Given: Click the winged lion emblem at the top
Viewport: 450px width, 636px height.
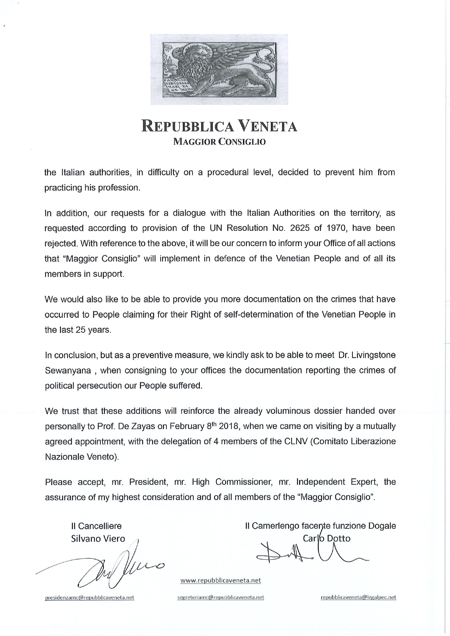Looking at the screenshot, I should click(219, 69).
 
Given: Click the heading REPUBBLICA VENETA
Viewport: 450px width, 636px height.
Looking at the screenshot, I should click(219, 126).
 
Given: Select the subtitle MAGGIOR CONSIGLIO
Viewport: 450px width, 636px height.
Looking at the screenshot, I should click(219, 142).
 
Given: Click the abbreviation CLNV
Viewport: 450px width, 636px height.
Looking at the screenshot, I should click(295, 441).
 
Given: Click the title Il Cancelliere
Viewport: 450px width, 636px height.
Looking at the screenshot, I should click(96, 526).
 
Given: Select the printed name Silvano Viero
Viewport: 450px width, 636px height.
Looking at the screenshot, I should click(98, 539).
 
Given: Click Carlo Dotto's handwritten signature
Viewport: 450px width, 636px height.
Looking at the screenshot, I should click(312, 553).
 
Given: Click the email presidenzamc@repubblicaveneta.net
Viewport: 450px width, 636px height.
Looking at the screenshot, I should click(89, 598).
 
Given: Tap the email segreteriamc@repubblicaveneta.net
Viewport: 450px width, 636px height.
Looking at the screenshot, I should click(220, 598).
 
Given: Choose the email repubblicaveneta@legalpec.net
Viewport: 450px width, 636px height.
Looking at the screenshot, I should click(358, 598).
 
